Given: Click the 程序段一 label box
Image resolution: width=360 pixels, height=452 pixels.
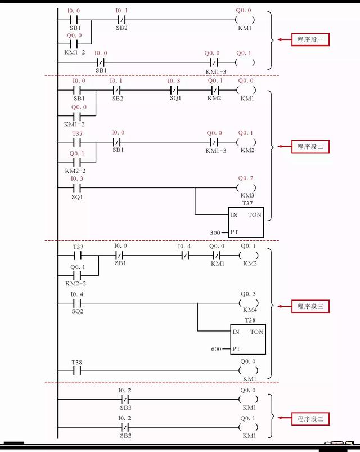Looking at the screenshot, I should (309, 40).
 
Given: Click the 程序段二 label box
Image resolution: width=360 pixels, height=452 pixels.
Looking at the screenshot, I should (309, 147).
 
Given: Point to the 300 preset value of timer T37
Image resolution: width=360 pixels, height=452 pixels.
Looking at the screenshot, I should (216, 232).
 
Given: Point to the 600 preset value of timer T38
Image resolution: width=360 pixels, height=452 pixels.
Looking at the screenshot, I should (217, 349).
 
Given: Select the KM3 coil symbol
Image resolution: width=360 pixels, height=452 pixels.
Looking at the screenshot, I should (246, 187).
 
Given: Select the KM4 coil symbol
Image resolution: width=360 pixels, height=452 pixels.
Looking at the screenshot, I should (247, 304).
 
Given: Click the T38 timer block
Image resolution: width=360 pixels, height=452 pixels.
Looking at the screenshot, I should (247, 339).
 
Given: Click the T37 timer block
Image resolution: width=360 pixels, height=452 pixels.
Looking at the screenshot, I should (246, 222).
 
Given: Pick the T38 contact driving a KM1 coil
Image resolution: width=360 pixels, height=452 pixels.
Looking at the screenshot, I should (76, 370).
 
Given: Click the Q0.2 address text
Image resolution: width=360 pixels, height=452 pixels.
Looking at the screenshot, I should (246, 178).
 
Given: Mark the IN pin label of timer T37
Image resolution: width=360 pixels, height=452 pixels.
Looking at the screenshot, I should (234, 215).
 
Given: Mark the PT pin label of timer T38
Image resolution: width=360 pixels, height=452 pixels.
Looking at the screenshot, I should (237, 349).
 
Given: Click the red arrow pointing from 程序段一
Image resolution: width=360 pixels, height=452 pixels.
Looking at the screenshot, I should (282, 40).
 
